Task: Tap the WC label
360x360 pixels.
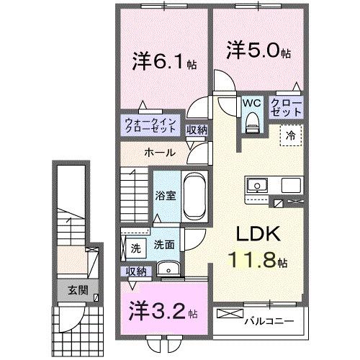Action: click(x=251, y=103)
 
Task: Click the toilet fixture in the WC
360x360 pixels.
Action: click(x=251, y=123)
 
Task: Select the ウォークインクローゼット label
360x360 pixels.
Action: click(x=150, y=126)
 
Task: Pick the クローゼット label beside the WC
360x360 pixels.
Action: click(x=287, y=109)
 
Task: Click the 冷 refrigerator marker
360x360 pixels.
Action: click(x=292, y=135)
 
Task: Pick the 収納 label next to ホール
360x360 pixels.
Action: click(x=196, y=130)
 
